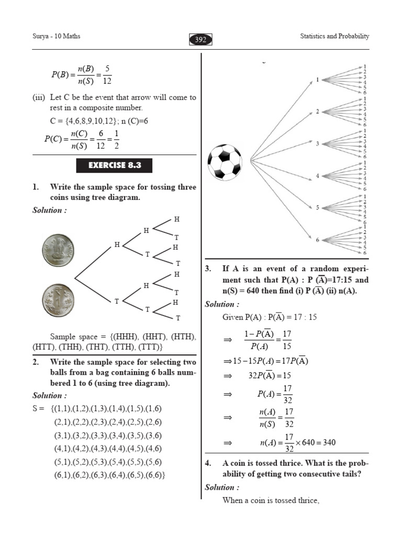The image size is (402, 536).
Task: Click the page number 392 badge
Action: tap(200, 40)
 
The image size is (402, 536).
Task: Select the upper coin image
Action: tap(59, 250)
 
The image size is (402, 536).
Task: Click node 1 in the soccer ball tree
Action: tap(317, 80)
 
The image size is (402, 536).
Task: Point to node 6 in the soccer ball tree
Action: tap(317, 240)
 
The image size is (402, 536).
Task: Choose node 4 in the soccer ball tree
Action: tap(317, 176)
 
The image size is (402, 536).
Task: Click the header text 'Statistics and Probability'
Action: tap(334, 36)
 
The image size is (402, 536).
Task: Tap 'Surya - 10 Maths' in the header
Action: tap(57, 36)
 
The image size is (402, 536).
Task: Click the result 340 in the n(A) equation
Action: tap(329, 443)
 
